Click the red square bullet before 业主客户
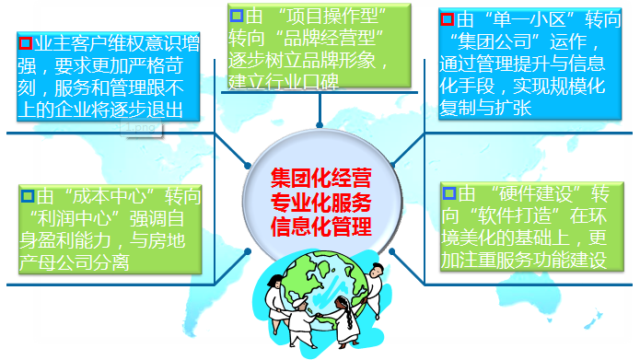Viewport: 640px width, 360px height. point(25,42)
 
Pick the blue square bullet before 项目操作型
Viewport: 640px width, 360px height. point(237,16)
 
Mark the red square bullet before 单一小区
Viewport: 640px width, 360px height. point(448,18)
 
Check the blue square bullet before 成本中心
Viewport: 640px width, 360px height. point(25,195)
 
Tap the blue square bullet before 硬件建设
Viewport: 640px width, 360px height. point(448,194)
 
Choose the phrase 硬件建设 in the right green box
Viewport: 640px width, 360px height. point(539,194)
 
